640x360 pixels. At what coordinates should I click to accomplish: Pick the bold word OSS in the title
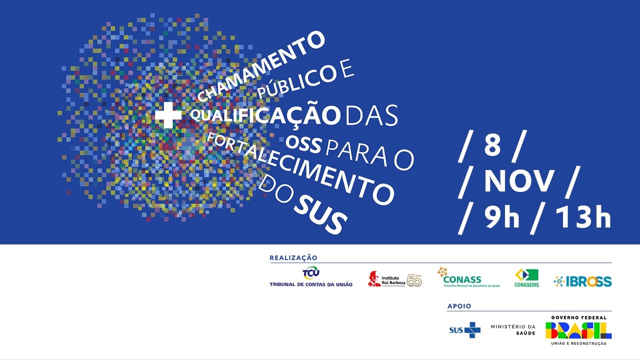tap(303, 144)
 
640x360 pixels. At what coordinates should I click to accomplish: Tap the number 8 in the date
tap(492, 146)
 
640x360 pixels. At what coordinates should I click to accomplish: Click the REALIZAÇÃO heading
tap(293, 258)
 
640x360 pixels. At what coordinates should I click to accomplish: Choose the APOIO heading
tap(459, 306)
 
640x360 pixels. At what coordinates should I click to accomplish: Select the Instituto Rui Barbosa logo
tap(395, 280)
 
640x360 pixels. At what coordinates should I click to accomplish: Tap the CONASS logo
tap(468, 278)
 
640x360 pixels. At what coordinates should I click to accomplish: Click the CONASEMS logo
tap(526, 278)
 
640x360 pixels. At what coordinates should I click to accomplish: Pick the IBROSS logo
tap(582, 281)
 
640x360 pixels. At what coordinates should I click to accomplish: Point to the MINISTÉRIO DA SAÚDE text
tap(513, 330)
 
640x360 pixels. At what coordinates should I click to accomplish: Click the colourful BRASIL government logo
tap(578, 330)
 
